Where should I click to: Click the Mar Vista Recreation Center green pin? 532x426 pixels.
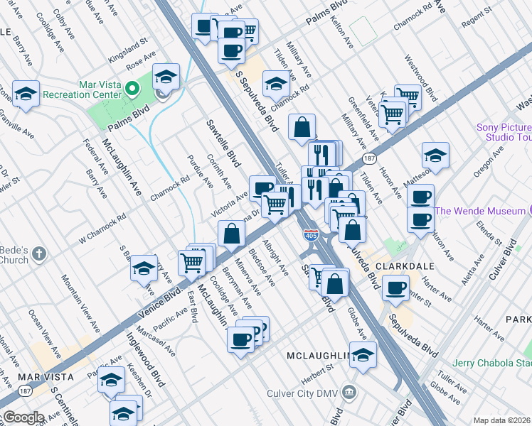point(132,89)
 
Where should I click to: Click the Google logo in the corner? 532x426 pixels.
point(23,417)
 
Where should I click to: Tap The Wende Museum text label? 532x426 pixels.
point(479,211)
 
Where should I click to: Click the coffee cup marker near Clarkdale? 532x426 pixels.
point(395,288)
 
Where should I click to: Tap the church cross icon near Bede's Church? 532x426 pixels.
point(40,252)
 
